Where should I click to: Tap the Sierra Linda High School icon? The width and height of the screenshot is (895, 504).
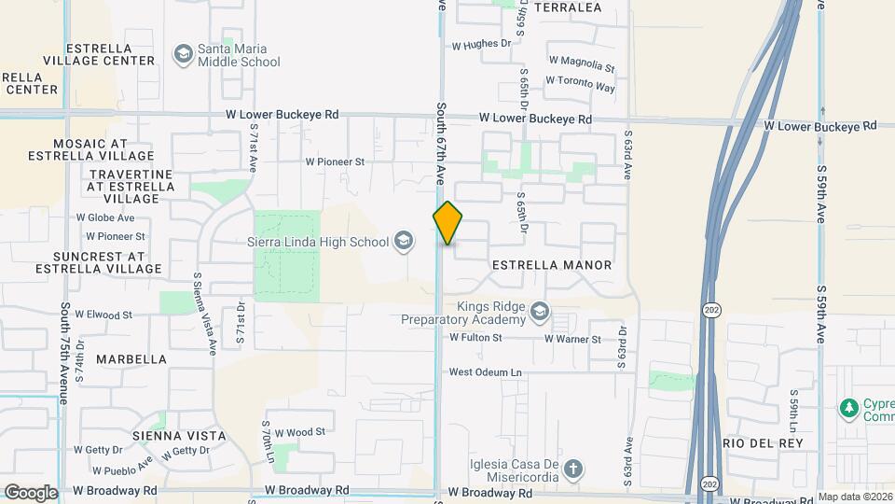click(404, 242)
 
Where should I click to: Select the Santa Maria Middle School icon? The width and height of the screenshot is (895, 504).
click(182, 55)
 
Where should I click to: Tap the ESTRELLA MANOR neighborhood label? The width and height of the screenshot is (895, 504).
click(552, 265)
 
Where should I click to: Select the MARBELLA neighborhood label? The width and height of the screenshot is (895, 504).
click(131, 359)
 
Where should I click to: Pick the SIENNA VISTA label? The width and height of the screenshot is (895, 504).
click(180, 436)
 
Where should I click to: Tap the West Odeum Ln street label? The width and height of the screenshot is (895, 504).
click(485, 372)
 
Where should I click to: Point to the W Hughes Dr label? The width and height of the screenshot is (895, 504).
click(482, 44)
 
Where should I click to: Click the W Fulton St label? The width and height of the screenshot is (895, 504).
click(476, 338)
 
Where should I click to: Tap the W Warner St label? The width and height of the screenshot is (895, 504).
click(571, 339)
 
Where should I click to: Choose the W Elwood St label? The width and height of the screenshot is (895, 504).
click(103, 315)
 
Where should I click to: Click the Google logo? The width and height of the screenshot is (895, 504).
click(31, 493)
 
